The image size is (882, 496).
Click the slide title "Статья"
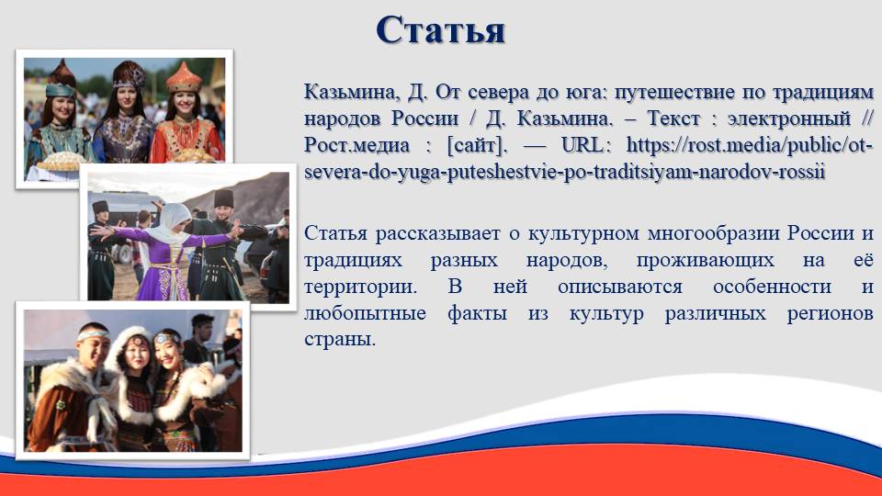(440, 30)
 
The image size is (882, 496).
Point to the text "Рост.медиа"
(356, 145)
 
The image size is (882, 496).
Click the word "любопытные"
(365, 313)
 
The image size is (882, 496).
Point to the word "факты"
(477, 313)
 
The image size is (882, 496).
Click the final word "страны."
(339, 340)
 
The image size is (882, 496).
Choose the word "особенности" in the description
(772, 287)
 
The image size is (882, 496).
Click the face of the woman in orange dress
(185, 104)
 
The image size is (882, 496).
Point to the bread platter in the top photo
(61, 162)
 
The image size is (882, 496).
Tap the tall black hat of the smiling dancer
(223, 197)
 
